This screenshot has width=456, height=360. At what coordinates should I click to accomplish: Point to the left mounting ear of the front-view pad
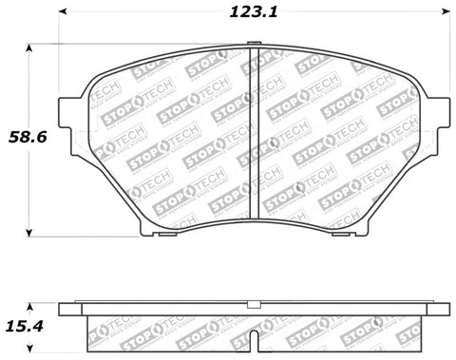tap(69, 112)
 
